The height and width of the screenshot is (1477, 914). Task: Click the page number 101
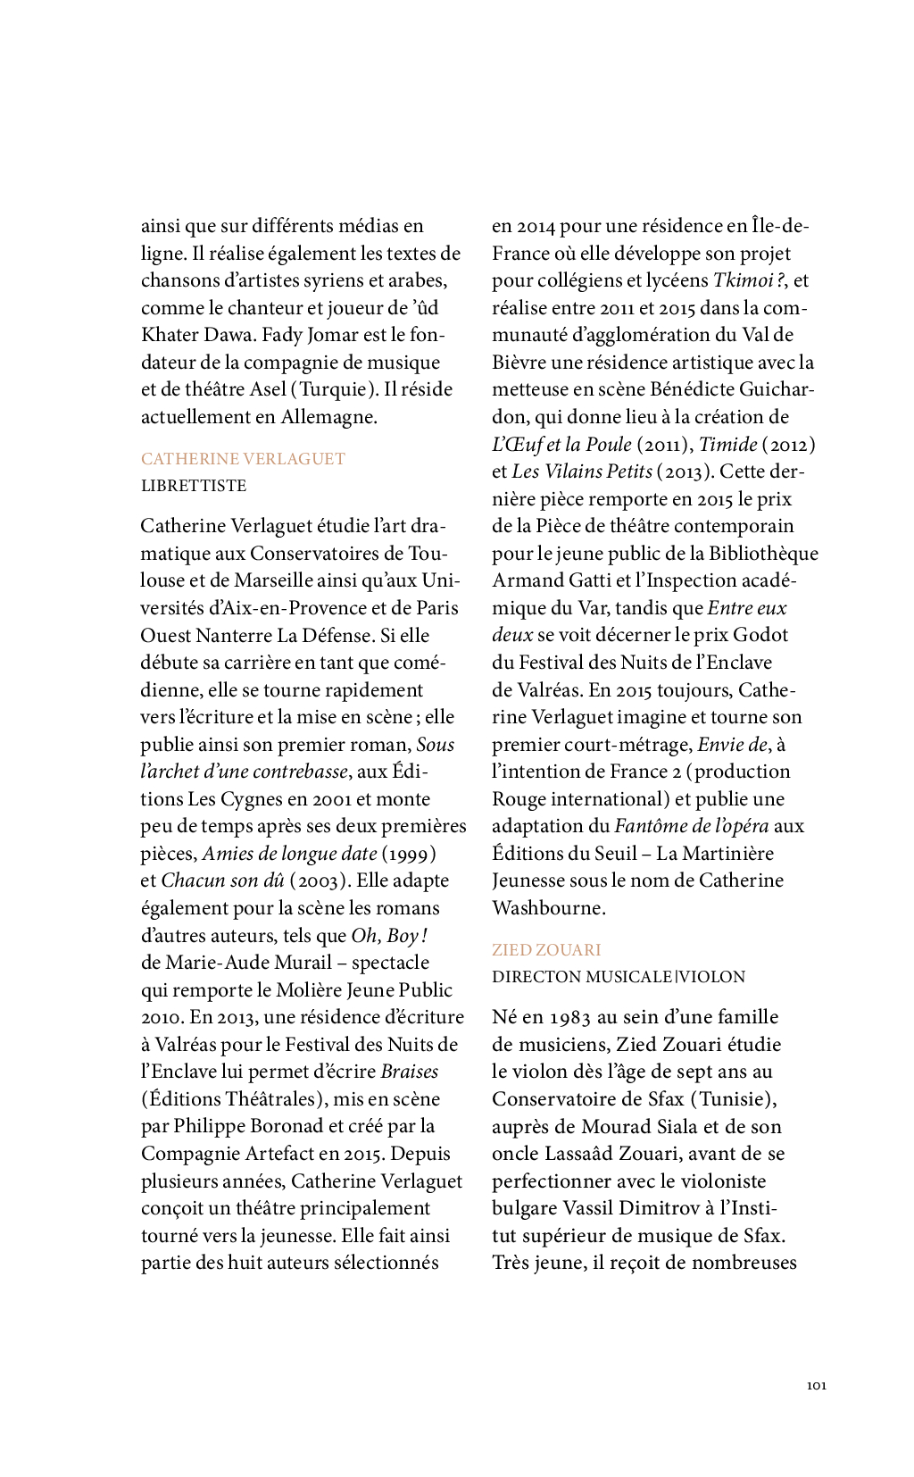816,1385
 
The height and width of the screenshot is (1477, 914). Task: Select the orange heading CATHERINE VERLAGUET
243,459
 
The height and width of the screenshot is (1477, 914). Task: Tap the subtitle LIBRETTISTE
194,486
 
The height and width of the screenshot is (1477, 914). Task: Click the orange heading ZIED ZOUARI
546,950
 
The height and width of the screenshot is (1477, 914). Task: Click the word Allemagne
328,417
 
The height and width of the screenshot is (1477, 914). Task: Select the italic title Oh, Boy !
389,936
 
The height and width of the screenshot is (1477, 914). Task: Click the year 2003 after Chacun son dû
319,880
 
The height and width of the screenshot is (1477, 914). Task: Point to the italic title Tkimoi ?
748,280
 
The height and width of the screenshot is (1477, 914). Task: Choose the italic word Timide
728,444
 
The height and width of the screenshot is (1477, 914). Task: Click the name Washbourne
547,908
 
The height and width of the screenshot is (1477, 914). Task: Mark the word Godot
760,635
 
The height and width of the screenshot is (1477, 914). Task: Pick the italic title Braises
410,1072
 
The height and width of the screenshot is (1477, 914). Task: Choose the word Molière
309,990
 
